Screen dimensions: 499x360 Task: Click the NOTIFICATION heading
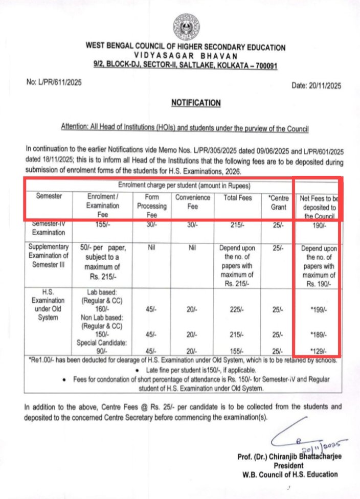click(196, 103)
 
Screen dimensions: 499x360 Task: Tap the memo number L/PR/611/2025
click(54, 82)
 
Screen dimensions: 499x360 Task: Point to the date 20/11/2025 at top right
click(316, 85)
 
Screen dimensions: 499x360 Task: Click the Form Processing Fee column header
click(152, 205)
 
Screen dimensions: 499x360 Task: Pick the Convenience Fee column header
click(193, 201)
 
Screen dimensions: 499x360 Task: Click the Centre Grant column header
click(278, 201)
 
